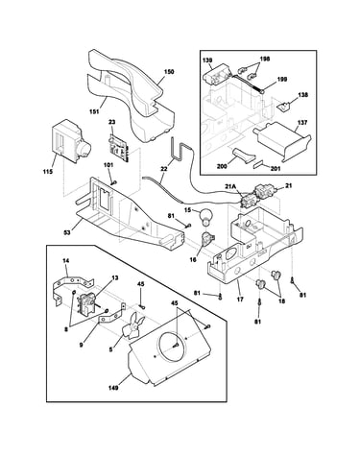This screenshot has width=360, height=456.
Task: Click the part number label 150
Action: pos(168,72)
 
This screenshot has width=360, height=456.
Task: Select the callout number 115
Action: pos(48,172)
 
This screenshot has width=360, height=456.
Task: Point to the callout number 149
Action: pos(113,388)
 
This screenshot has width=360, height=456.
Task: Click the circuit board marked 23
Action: pos(118,146)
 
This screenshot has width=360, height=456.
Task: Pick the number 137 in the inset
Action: pos(301,122)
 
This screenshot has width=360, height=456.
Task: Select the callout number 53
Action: pos(68,231)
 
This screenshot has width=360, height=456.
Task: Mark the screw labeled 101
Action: pos(113,182)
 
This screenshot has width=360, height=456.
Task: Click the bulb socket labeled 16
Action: pos(207,239)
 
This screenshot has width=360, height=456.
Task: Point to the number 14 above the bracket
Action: pos(65,261)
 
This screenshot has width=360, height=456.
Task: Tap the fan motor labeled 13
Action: pos(87,304)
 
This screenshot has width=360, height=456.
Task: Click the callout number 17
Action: pos(240,300)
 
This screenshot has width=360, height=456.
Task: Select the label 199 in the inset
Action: pos(282,79)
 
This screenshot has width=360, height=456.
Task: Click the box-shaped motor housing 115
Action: pos(71,141)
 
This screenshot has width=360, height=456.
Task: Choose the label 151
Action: pos(94,111)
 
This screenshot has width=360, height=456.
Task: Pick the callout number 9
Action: pos(81,346)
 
